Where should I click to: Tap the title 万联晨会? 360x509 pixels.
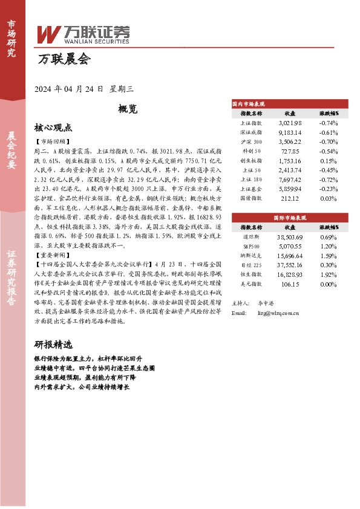click(63, 60)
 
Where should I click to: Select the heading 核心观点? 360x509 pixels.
click(53, 128)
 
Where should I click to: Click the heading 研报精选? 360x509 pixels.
click(53, 345)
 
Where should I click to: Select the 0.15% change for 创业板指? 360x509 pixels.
click(328, 161)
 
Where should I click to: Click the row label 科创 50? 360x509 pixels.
click(251, 151)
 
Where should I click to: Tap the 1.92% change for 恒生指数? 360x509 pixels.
click(328, 274)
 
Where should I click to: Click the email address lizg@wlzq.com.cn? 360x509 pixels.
click(278, 313)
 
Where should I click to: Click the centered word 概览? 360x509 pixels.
click(128, 109)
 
